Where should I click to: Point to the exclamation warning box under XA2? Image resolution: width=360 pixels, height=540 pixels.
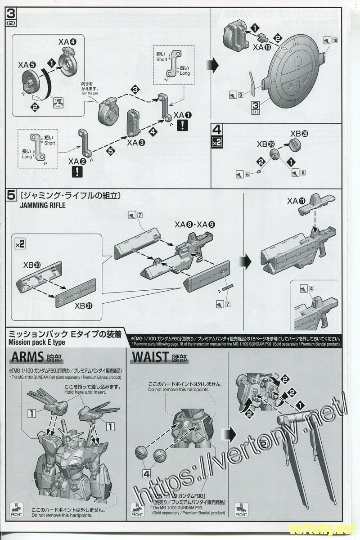pyautogui.click(x=77, y=171)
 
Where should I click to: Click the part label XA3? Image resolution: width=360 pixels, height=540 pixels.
pyautogui.click(x=136, y=143)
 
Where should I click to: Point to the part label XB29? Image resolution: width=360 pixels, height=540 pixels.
pyautogui.click(x=265, y=144)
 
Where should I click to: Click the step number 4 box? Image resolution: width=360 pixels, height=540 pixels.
pyautogui.click(x=217, y=131)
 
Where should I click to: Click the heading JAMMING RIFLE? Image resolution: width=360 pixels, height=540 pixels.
pyautogui.click(x=43, y=206)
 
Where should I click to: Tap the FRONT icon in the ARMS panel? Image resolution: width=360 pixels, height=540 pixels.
pyautogui.click(x=16, y=510)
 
